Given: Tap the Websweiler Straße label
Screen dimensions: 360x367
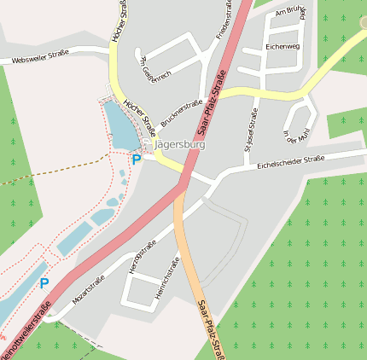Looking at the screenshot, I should click(x=40, y=60).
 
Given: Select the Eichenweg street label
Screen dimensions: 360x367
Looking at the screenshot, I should click(x=283, y=46).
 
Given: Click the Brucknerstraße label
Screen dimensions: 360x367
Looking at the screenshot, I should click(x=181, y=111).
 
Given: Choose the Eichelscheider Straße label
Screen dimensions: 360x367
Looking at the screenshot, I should click(x=291, y=160).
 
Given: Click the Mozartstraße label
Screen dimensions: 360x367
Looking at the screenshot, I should click(x=89, y=291).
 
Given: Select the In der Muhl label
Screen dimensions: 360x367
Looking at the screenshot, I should click(x=293, y=130).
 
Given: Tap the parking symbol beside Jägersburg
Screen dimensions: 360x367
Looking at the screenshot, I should click(x=136, y=159).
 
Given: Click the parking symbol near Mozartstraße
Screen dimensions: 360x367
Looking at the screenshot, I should click(x=44, y=282).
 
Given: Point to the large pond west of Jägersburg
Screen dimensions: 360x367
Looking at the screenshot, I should click(x=119, y=127).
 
